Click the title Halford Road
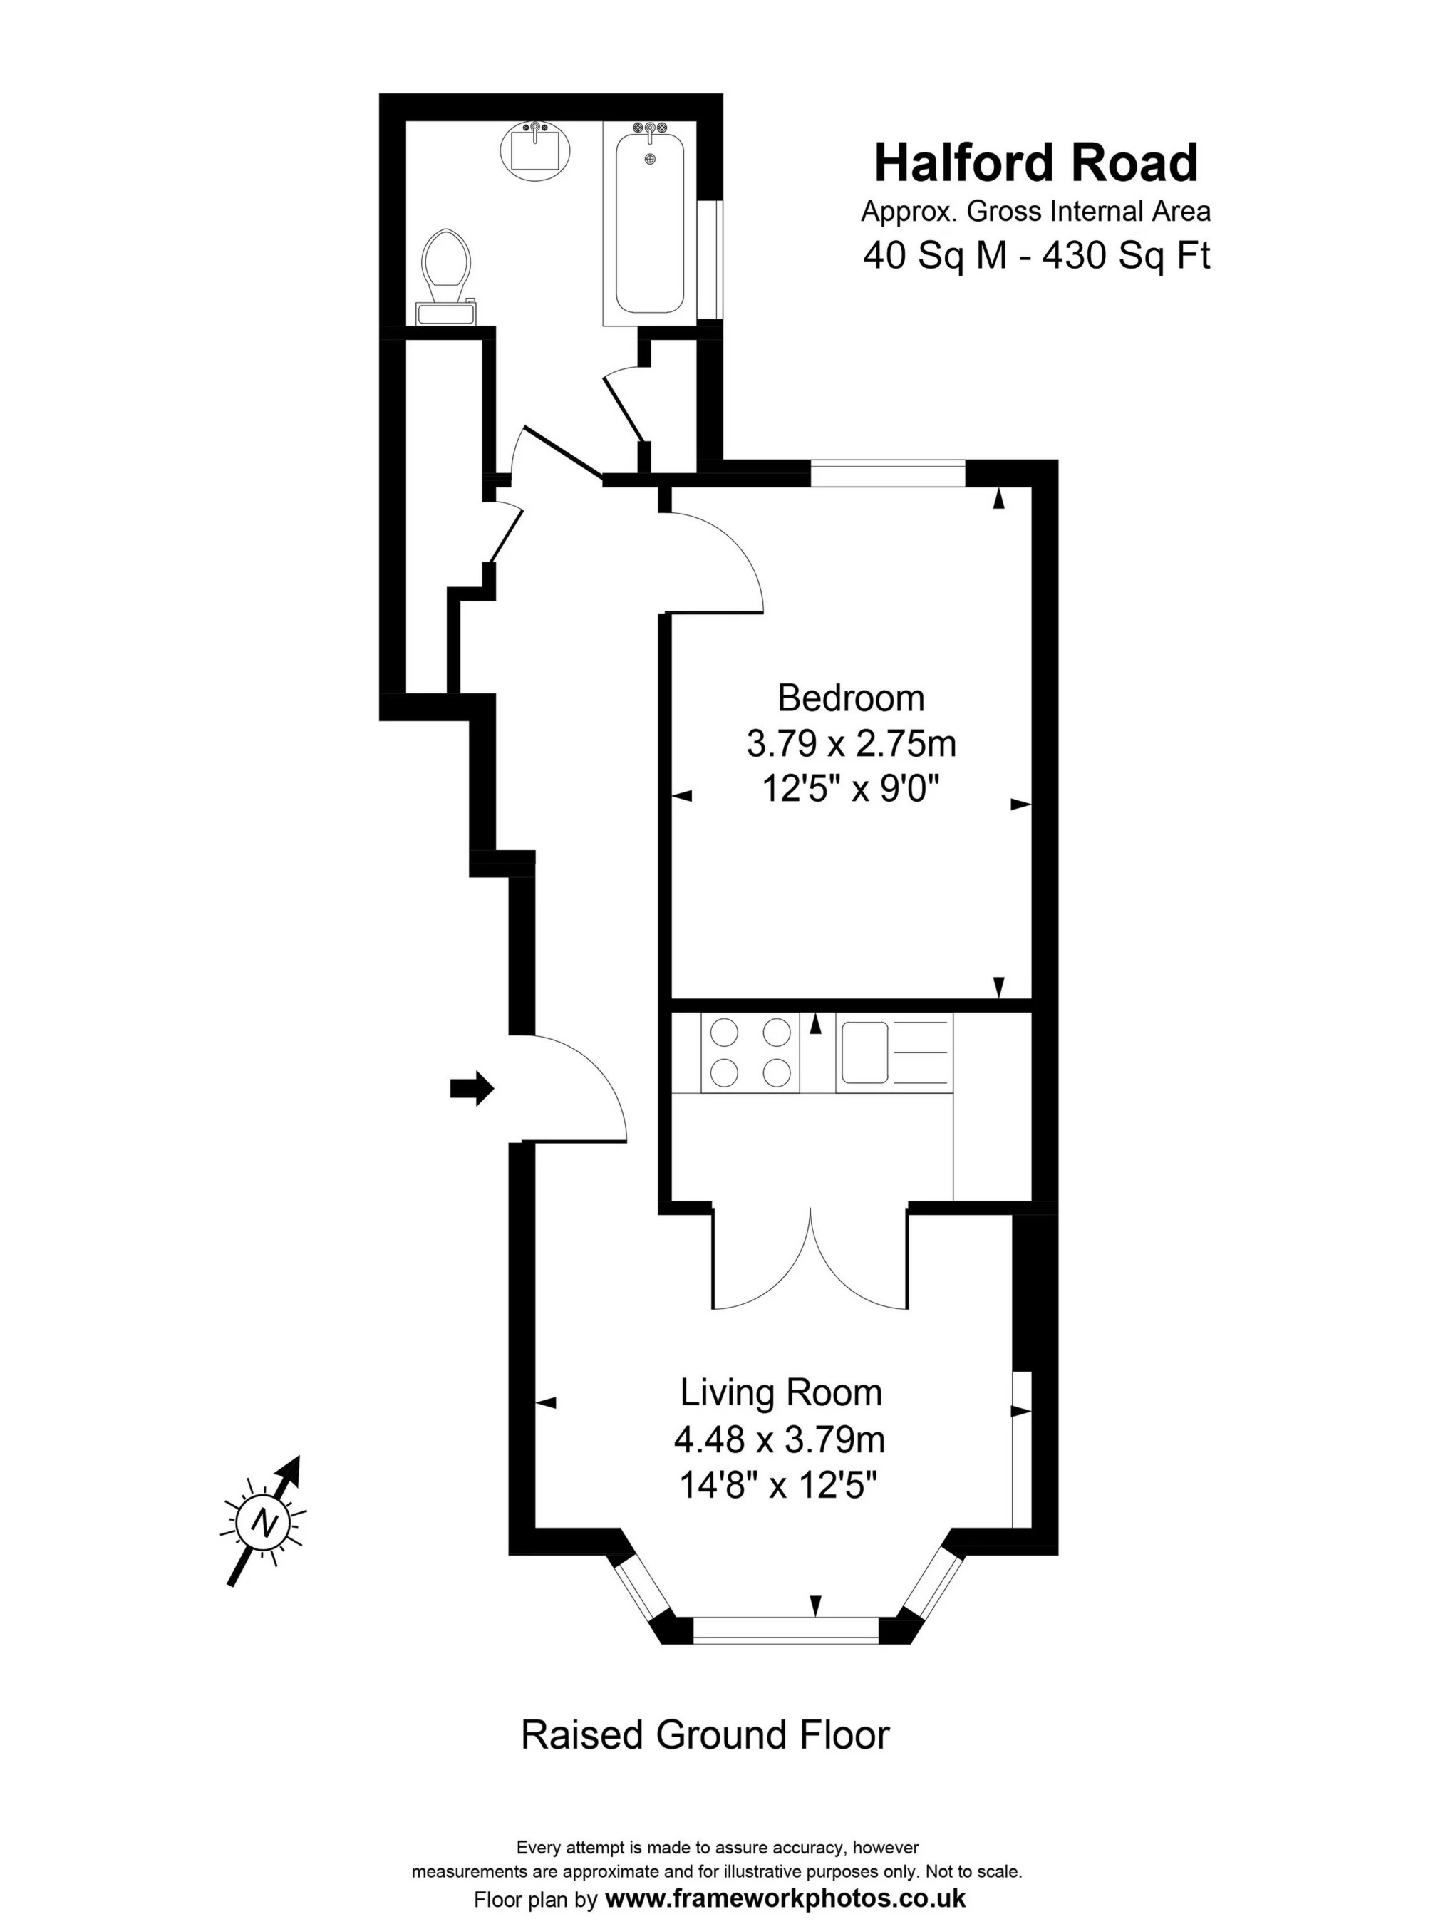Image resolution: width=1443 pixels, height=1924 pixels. (1036, 162)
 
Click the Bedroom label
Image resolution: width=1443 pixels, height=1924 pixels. (851, 698)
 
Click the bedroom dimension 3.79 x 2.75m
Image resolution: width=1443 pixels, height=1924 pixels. (851, 745)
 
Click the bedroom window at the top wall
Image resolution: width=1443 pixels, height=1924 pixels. (888, 473)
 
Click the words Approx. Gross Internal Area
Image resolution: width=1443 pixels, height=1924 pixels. (1036, 212)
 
